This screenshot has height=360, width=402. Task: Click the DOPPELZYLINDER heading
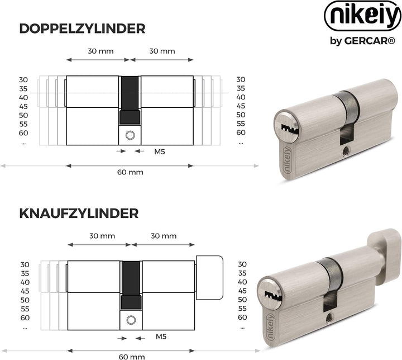[82, 29]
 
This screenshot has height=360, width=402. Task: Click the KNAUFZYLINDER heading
[79, 214]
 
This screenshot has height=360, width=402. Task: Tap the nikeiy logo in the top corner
[363, 16]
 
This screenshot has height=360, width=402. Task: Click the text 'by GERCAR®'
[362, 41]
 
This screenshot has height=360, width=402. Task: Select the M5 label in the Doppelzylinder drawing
[160, 151]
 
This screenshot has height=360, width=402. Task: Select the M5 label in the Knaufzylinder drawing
[161, 337]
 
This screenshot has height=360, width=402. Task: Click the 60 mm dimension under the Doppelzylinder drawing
[130, 172]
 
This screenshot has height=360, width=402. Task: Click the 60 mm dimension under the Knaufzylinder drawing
[132, 357]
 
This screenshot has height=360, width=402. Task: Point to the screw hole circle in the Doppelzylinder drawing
[130, 135]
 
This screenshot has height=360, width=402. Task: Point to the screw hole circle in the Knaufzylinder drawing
[131, 320]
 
